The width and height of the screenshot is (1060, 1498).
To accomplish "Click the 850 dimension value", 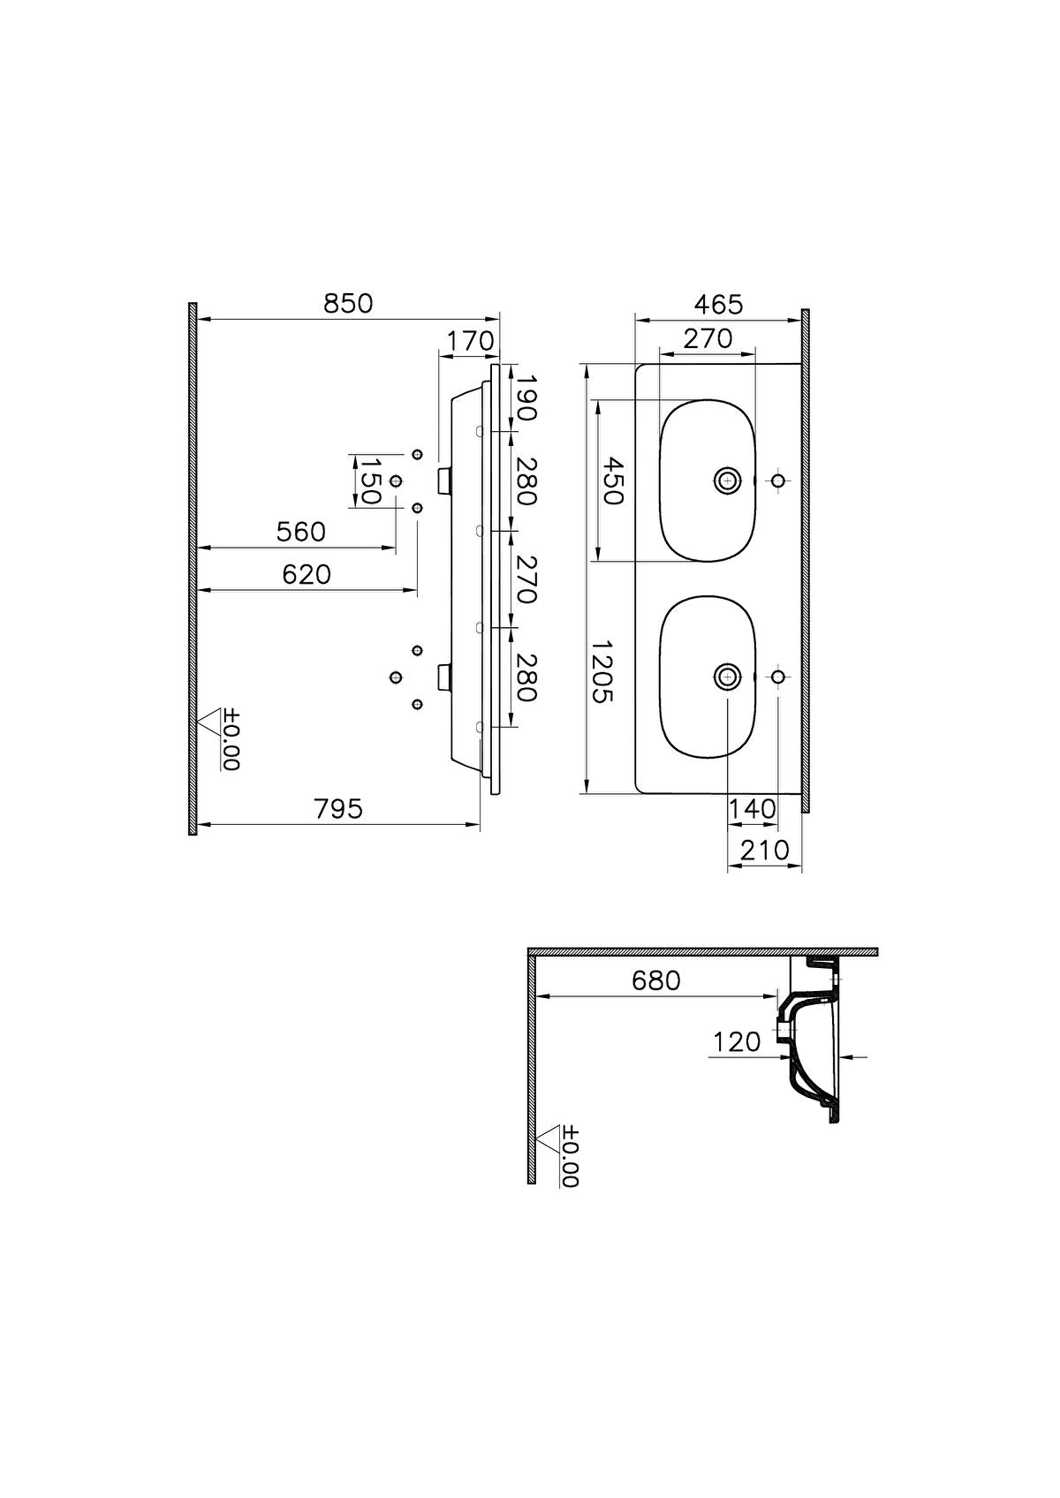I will pyautogui.click(x=348, y=304).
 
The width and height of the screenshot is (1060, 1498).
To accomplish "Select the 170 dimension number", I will pyautogui.click(x=469, y=341).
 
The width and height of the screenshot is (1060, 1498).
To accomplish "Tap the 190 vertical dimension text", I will pyautogui.click(x=526, y=397).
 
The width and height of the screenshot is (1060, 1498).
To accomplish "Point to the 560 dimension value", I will pyautogui.click(x=301, y=533).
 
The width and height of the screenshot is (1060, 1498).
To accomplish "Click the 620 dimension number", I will pyautogui.click(x=307, y=575).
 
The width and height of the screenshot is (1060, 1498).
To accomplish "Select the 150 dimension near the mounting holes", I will pyautogui.click(x=369, y=480).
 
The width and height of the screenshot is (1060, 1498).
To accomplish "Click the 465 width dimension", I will pyautogui.click(x=718, y=305).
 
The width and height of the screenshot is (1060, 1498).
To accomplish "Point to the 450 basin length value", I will pyautogui.click(x=611, y=481).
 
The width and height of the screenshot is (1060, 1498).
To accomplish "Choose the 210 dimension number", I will pyautogui.click(x=764, y=851).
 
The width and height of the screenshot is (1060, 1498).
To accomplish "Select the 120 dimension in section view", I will pyautogui.click(x=737, y=1043).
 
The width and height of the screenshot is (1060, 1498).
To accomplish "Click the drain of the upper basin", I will pyautogui.click(x=727, y=480).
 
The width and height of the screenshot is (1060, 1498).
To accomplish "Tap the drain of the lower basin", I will pyautogui.click(x=727, y=677).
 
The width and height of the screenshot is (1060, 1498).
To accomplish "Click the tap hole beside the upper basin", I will pyautogui.click(x=778, y=480).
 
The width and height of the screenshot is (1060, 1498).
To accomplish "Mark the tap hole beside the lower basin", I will pyautogui.click(x=778, y=677).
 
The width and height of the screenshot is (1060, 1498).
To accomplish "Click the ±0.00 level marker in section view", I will pyautogui.click(x=569, y=1156).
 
